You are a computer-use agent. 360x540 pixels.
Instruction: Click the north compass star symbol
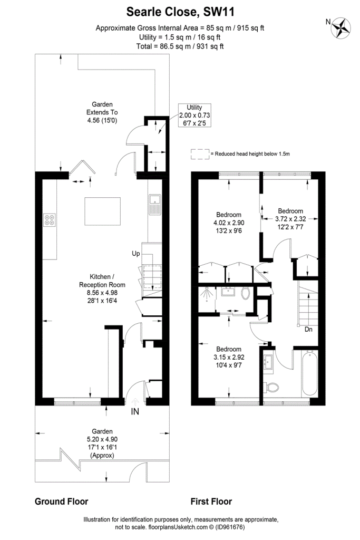coord(341,27)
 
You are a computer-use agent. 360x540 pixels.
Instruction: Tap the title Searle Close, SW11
coord(180,12)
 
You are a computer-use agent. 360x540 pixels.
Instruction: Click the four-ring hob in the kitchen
coord(50,220)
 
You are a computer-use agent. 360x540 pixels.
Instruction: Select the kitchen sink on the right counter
coord(155,204)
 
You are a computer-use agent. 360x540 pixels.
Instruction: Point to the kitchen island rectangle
coord(103,211)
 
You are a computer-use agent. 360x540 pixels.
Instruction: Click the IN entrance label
coord(135,411)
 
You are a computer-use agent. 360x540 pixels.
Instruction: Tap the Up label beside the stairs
coord(136,254)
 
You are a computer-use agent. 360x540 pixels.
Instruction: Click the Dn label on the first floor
coord(308,329)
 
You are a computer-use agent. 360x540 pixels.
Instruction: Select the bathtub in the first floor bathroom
coord(309,373)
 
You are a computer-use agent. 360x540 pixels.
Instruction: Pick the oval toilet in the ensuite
coord(245,293)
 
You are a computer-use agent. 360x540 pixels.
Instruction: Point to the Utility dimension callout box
coord(194,115)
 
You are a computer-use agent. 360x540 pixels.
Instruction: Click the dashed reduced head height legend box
coord(200,154)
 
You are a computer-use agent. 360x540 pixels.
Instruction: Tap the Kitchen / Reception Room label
coord(102,285)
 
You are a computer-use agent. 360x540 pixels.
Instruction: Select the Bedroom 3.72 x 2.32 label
coord(290,219)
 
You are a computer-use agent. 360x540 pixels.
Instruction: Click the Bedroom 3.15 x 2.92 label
coord(229,357)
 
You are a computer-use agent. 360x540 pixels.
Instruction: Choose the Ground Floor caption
coord(61,502)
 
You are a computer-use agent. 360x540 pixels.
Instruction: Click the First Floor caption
coord(211,502)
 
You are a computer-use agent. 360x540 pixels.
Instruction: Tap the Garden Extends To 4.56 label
coord(102,112)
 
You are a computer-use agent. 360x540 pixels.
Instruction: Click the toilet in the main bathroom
coord(271,387)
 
